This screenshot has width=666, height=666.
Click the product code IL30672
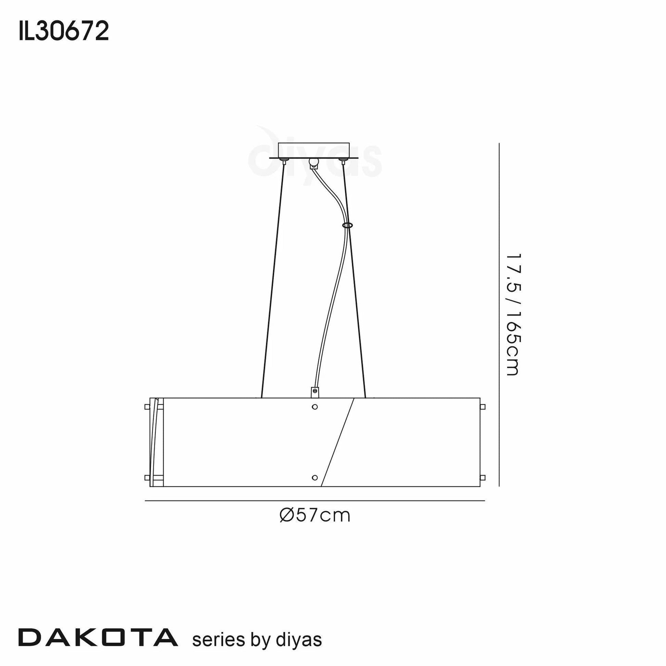point(64,31)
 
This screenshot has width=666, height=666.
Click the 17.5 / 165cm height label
point(513,315)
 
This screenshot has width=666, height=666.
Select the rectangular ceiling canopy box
point(314,150)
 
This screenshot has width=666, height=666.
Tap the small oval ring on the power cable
point(347,225)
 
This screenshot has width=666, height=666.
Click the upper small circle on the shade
point(315,407)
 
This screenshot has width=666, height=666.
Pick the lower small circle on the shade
point(315,477)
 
